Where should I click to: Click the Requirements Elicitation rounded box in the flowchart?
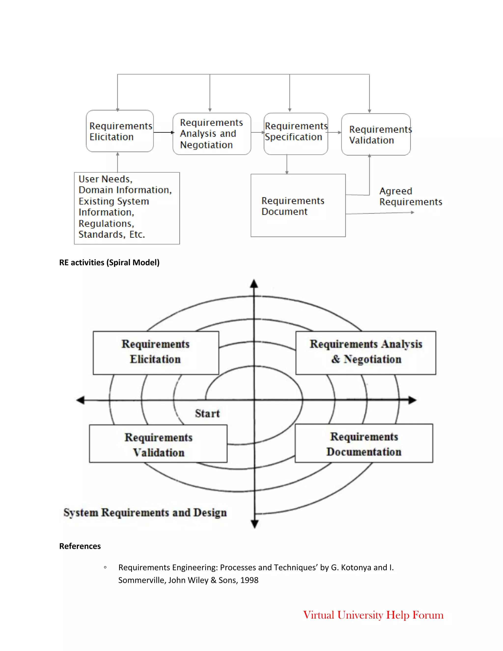(x=120, y=131)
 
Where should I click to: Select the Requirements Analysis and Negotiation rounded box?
(x=211, y=134)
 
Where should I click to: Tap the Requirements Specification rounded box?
(x=296, y=134)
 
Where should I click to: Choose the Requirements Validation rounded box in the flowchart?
(x=376, y=134)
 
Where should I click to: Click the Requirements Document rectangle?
(x=298, y=206)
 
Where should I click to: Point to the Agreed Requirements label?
(x=410, y=197)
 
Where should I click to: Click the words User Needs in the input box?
(x=105, y=179)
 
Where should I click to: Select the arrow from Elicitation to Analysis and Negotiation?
(x=163, y=132)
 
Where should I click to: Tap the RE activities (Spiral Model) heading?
(x=109, y=262)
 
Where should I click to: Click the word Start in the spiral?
(x=207, y=413)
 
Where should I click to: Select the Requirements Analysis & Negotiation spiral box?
(x=366, y=353)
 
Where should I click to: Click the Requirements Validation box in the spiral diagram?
(x=158, y=443)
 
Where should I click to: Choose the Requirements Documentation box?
(x=364, y=443)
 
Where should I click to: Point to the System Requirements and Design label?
(x=145, y=512)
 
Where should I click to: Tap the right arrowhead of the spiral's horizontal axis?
(x=412, y=400)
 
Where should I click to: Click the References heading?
(x=80, y=546)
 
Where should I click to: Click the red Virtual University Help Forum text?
(x=373, y=615)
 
